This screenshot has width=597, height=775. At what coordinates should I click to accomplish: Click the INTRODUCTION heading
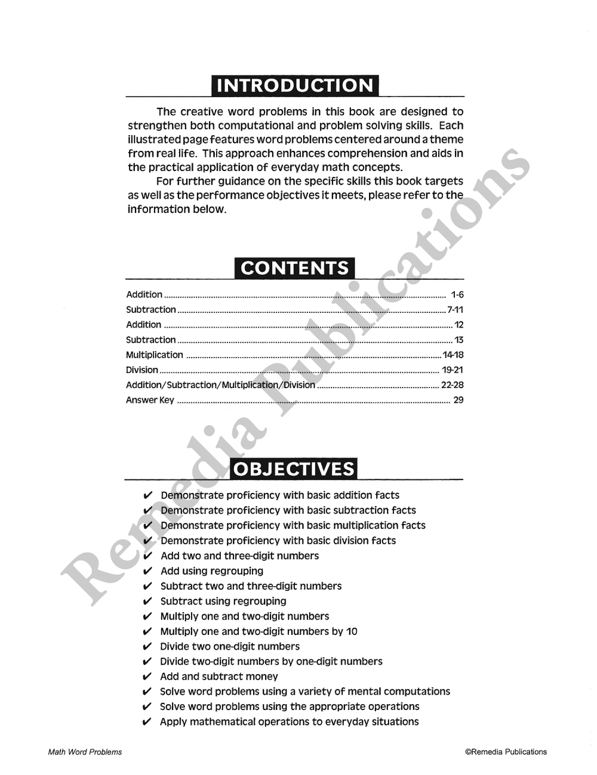point(295,85)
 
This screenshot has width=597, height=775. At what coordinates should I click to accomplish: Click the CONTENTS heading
point(295,268)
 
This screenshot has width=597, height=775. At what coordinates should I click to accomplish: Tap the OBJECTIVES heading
point(294,469)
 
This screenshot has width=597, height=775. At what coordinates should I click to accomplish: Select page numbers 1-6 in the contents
point(457,294)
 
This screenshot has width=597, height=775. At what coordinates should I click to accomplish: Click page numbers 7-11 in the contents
point(456,310)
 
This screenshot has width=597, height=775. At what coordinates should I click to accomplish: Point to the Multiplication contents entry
point(155,355)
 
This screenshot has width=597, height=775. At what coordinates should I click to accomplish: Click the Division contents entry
point(142,370)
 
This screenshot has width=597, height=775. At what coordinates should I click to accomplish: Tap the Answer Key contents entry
point(150,401)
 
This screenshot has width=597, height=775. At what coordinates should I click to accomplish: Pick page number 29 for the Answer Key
point(458,401)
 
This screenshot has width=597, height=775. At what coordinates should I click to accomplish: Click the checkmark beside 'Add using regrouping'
point(148,571)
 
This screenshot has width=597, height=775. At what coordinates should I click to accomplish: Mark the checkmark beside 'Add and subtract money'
point(147,677)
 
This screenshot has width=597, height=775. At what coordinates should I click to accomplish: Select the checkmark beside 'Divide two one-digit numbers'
point(147,647)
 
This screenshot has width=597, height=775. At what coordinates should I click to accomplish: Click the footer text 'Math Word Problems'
point(85,752)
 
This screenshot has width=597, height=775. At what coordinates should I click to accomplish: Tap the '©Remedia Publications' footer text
point(506,752)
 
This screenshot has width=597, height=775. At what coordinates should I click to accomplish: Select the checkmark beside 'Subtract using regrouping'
point(148,602)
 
